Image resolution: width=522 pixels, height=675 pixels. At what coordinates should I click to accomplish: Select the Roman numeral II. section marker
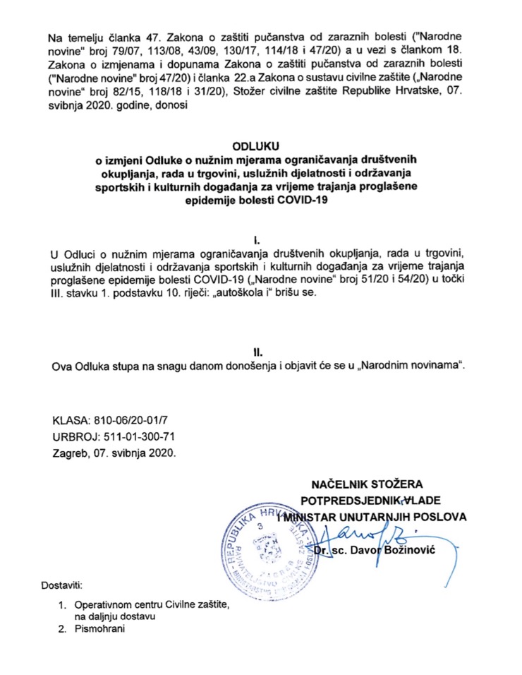(x=262, y=351)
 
